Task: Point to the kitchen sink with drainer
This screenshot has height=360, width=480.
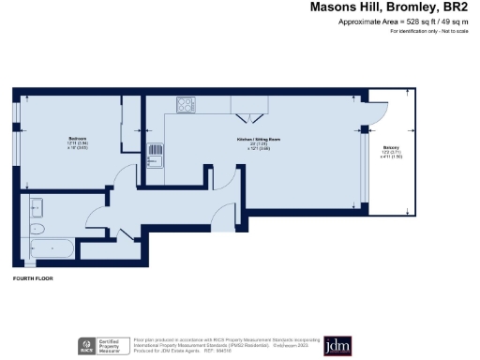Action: [158, 153]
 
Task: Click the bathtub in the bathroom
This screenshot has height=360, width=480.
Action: [52, 248]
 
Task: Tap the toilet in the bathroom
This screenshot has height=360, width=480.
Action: [37, 228]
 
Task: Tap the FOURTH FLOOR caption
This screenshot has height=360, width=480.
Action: [33, 279]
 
